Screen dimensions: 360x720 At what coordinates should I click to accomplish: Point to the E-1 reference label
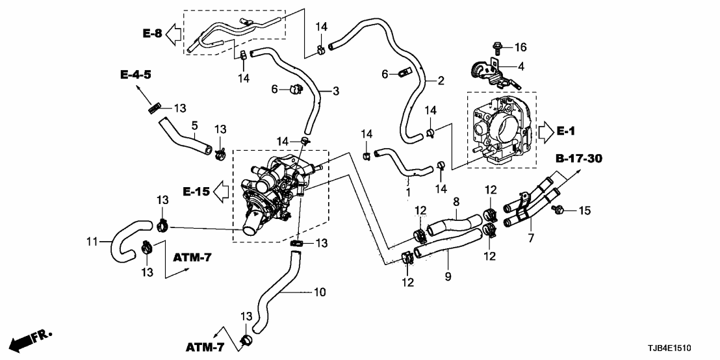566,131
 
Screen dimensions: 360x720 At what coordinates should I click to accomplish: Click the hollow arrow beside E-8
174,32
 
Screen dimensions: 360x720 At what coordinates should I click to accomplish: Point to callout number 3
335,92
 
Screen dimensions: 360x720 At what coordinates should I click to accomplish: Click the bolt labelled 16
496,47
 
